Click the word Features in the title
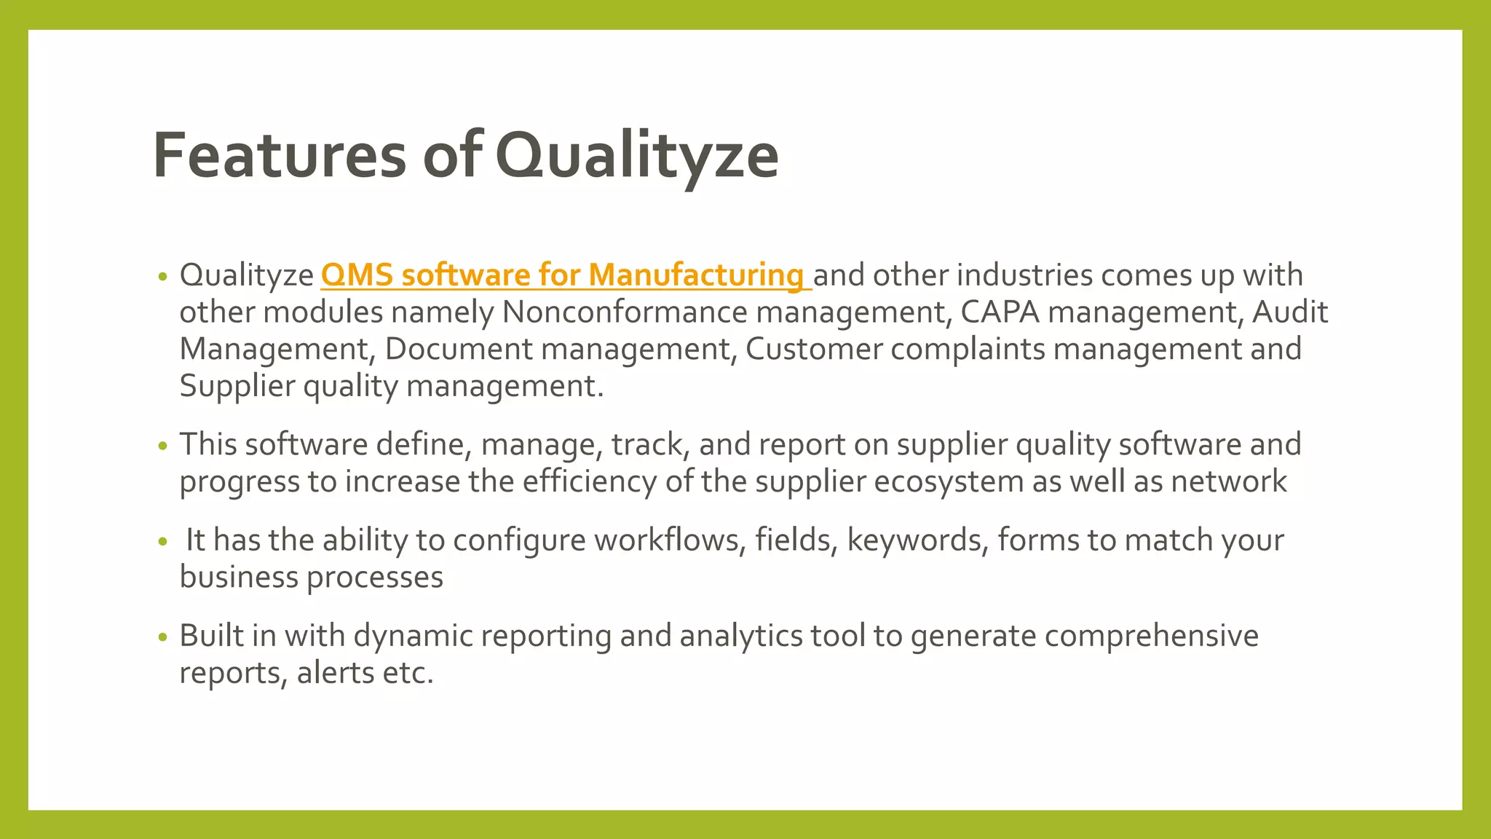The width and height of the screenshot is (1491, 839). tap(280, 155)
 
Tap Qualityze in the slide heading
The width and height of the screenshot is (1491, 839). tap(637, 155)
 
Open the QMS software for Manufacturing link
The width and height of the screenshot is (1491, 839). tap(565, 275)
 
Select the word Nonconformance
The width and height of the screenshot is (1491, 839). tap(625, 312)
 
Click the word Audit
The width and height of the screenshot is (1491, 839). tap(1289, 312)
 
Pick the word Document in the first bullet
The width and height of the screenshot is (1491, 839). tap(459, 350)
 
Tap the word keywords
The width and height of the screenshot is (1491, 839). tap(917, 540)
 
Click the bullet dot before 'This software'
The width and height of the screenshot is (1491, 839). tap(162, 446)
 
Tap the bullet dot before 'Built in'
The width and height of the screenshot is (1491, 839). tap(162, 637)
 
